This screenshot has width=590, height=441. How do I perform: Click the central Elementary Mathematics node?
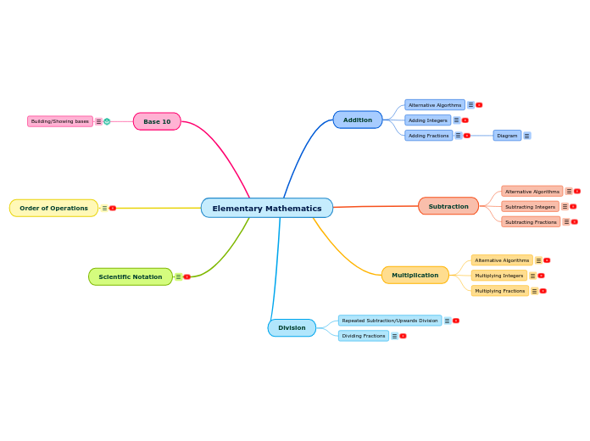266,208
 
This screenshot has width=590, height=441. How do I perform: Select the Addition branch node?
357,120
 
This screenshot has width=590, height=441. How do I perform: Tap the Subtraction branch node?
448,206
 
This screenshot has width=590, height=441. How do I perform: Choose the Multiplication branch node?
415,275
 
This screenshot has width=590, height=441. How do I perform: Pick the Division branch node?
292,327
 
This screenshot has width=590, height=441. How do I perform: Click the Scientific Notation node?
130,276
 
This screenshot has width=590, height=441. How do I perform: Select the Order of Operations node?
53,208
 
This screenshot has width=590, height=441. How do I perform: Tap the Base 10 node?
157,121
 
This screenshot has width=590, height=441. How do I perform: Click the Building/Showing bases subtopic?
59,121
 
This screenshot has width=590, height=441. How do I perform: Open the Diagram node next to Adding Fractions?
507,136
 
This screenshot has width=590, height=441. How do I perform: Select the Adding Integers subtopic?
427,120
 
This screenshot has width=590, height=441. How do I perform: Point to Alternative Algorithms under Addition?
435,105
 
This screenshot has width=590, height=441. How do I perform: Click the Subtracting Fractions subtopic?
531,222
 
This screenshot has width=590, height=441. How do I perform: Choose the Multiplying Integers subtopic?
498,276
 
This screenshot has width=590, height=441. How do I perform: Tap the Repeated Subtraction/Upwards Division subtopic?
389,321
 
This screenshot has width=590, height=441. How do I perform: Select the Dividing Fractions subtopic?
363,336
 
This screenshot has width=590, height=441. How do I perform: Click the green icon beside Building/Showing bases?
107,121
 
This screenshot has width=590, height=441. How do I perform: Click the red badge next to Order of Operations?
113,208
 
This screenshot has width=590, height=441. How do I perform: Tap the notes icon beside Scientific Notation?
178,276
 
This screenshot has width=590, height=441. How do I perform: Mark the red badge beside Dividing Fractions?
403,336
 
